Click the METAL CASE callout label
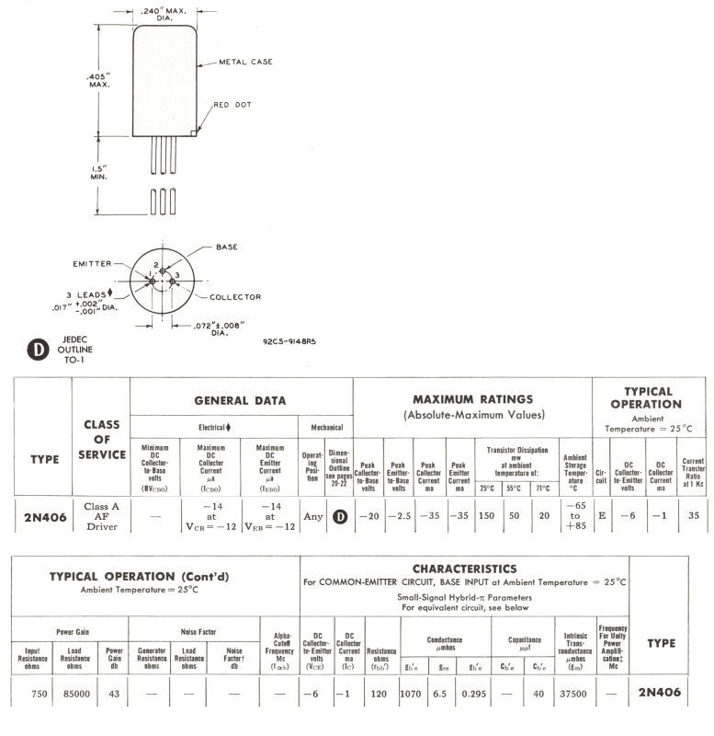point(244,62)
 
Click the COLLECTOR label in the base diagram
point(235,296)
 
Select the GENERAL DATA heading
point(240,400)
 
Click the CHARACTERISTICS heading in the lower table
point(464,569)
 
